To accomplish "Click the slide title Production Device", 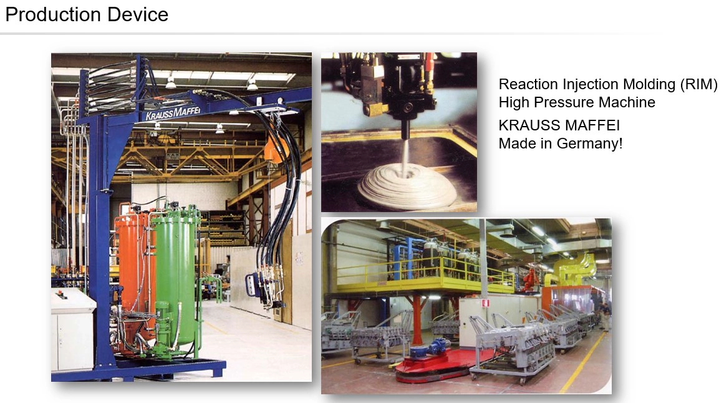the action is pos(87,14).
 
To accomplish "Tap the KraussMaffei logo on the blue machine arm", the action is pos(173,112).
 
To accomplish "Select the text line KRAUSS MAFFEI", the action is pos(559,125).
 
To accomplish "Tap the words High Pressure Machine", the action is pos(577,102).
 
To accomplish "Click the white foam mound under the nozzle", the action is pos(407,185).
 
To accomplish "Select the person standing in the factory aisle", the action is pos(604,316).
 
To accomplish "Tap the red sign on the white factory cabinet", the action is pos(485,303).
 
